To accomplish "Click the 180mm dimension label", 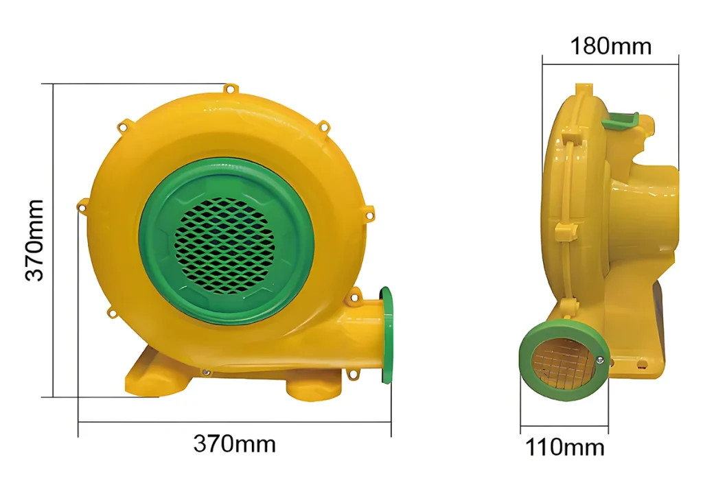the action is (x=610, y=46).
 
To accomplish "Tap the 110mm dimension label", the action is (x=564, y=447).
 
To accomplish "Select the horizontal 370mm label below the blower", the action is (x=235, y=444).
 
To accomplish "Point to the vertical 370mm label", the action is (x=34, y=240).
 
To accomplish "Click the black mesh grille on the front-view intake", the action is (x=224, y=245).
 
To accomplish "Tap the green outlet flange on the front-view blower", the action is (x=386, y=336).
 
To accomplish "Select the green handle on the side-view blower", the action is (x=621, y=120).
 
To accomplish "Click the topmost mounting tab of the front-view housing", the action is (x=230, y=89).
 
